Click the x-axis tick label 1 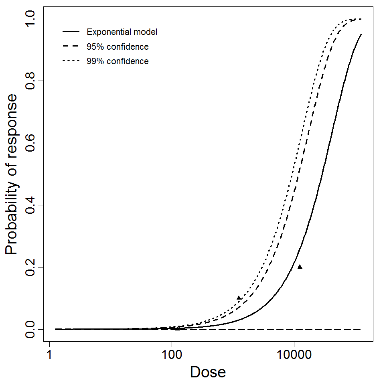click(49, 355)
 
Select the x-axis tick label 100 click(172, 355)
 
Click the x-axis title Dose click(208, 373)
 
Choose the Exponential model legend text click(122, 32)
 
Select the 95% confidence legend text click(118, 47)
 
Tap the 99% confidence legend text click(118, 61)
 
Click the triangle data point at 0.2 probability click(300, 267)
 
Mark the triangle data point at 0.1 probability click(239, 298)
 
